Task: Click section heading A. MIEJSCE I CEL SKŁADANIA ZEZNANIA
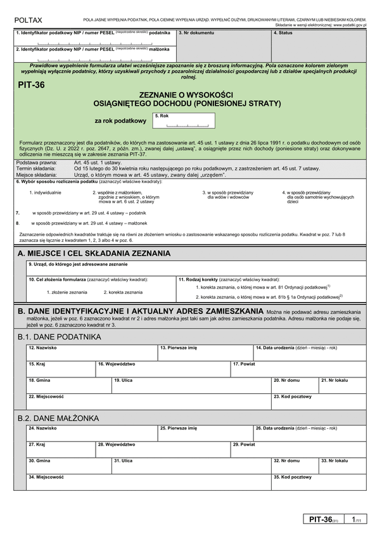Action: pos(94,253)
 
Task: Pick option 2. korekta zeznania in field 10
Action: pos(123,293)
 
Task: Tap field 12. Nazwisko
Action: pos(91,352)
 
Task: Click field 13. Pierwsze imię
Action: pos(205,352)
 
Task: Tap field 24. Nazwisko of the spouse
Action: pos(91,433)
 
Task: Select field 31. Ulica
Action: pos(190,465)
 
